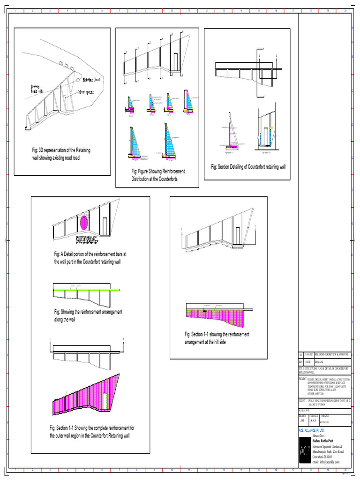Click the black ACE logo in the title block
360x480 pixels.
click(x=304, y=451)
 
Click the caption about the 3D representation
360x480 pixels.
click(x=61, y=154)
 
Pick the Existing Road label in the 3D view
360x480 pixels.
click(x=91, y=80)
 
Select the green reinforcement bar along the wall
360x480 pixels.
click(x=87, y=289)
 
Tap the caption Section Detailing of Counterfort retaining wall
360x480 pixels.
click(x=248, y=166)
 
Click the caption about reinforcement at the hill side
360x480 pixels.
click(x=217, y=338)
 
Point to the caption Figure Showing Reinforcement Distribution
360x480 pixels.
click(x=157, y=175)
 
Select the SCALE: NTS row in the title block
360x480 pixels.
click(x=304, y=410)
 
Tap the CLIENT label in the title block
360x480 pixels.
click(x=302, y=401)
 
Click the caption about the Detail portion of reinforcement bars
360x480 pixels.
click(x=90, y=258)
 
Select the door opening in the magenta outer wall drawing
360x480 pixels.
click(x=104, y=400)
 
